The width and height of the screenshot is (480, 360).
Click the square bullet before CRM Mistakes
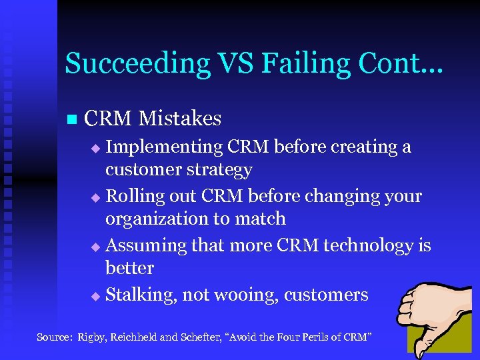(72, 120)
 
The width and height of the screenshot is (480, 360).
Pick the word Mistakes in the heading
(181, 119)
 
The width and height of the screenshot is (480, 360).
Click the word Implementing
(164, 147)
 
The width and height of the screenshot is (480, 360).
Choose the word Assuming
(147, 245)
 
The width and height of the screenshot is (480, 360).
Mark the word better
(129, 268)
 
